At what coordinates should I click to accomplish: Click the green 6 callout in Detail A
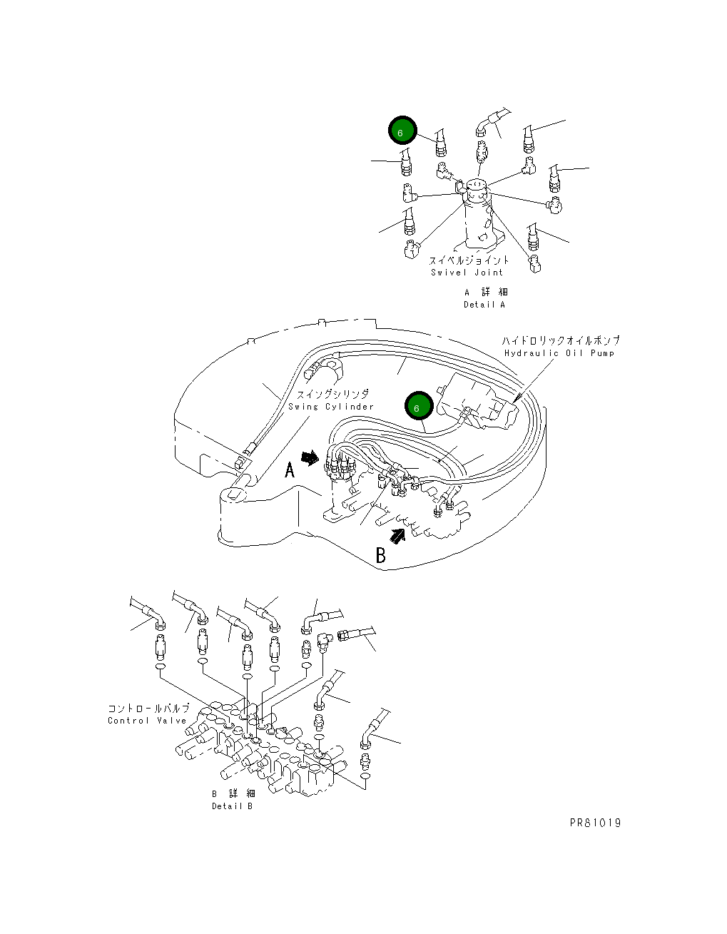402,131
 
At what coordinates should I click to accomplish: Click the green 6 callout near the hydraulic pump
419,406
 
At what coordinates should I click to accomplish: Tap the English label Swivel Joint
467,273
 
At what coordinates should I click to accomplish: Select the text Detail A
484,304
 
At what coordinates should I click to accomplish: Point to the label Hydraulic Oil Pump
559,353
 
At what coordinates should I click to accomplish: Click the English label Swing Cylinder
331,407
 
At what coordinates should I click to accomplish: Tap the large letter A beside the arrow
290,469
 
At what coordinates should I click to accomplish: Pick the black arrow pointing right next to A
310,458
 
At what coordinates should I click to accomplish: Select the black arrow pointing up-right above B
397,536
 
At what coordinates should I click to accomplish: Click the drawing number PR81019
595,823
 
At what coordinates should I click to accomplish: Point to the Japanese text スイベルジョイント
469,260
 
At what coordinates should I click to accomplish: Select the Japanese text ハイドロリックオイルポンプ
561,340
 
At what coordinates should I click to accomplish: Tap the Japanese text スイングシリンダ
332,394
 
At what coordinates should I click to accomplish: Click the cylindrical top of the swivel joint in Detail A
476,191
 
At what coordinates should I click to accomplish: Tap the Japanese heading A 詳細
486,293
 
